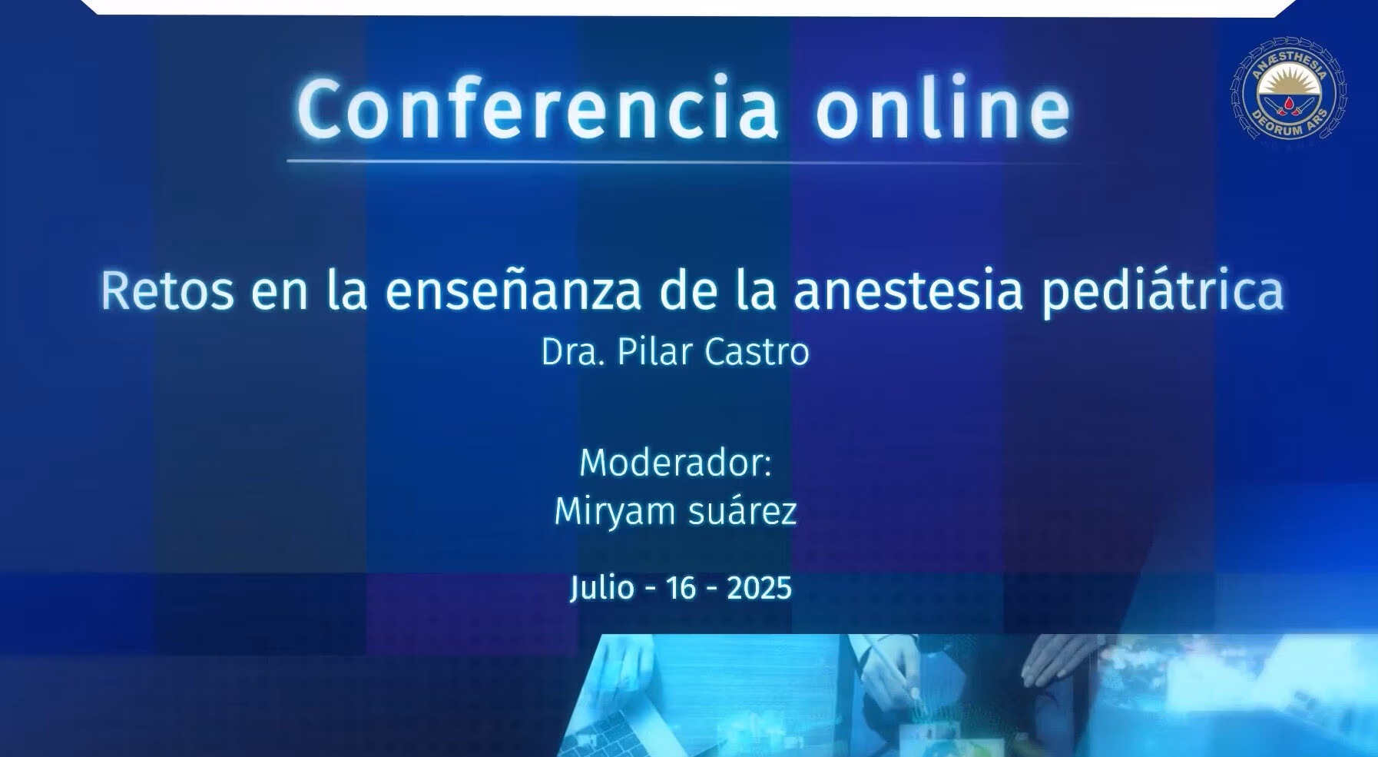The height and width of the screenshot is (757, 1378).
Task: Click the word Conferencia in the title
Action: pyautogui.click(x=538, y=108)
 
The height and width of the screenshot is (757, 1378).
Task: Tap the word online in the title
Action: pyautogui.click(x=942, y=107)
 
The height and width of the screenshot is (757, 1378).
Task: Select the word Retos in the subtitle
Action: pyautogui.click(x=167, y=291)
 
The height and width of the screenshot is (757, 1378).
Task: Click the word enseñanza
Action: pyautogui.click(x=513, y=291)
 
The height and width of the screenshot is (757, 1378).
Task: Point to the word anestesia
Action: pyautogui.click(x=909, y=291)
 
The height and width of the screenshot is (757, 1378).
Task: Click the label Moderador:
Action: pyautogui.click(x=676, y=463)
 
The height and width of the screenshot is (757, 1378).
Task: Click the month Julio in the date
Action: pyautogui.click(x=603, y=589)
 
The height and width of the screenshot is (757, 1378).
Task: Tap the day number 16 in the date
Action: pyautogui.click(x=681, y=589)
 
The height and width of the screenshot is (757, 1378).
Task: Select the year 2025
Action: pyautogui.click(x=759, y=589)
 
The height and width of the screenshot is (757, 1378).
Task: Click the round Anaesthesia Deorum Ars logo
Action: pyautogui.click(x=1290, y=89)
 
